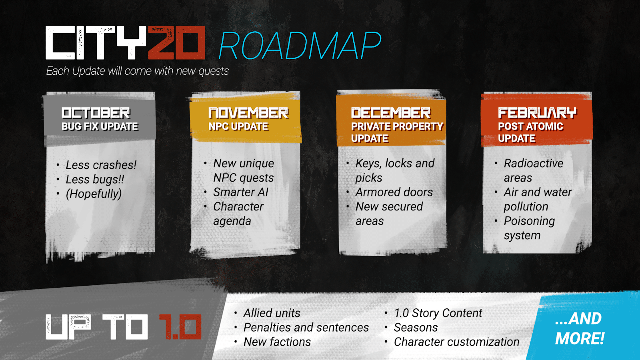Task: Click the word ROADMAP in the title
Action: (300, 46)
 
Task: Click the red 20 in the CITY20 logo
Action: (176, 43)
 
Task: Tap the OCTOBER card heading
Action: (96, 113)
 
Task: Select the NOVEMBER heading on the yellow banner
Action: (248, 113)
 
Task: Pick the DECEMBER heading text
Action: (391, 113)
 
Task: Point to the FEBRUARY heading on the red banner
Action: (537, 113)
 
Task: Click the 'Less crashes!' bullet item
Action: (101, 165)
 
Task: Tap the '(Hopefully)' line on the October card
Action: (94, 194)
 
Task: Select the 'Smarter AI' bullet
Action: (240, 192)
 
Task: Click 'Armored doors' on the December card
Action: (394, 192)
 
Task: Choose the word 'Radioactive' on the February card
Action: (533, 163)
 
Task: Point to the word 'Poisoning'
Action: (529, 221)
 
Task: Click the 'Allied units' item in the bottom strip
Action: (272, 313)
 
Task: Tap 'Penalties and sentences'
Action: (306, 327)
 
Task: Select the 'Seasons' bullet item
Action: (416, 327)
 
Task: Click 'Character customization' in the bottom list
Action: (456, 342)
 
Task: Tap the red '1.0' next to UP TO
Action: (180, 327)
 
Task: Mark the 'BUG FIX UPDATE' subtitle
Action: (100, 127)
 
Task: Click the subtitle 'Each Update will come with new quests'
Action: (137, 71)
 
